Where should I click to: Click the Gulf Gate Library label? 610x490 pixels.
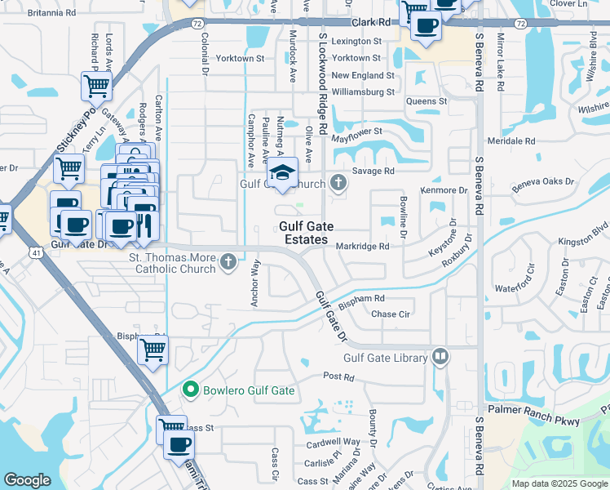(386, 358)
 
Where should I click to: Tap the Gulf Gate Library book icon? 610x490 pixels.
(440, 356)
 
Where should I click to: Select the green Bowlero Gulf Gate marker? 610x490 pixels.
(191, 390)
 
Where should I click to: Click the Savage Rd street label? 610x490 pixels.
(373, 171)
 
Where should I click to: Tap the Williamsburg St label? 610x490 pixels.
(364, 92)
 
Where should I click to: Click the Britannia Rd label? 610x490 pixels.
(51, 13)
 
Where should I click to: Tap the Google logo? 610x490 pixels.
(27, 480)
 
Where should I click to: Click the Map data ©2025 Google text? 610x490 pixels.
(559, 483)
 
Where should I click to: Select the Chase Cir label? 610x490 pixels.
(390, 314)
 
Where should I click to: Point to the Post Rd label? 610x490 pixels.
(338, 377)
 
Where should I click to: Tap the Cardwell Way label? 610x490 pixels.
(333, 443)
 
